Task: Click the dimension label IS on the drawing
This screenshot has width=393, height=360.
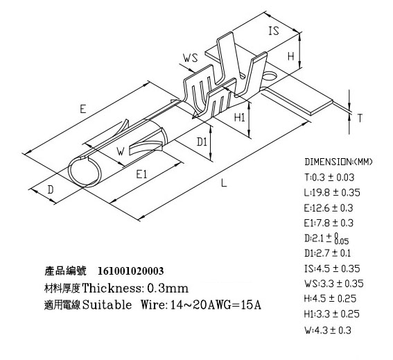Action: point(274,31)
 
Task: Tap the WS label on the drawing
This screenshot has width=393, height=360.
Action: point(190,58)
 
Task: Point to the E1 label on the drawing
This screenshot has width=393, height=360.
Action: point(141,174)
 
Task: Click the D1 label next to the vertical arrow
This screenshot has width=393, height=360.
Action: point(202,142)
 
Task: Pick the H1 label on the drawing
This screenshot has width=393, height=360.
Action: point(240,117)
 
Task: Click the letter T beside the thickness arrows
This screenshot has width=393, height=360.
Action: point(360,118)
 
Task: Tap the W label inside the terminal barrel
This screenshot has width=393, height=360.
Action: point(121,151)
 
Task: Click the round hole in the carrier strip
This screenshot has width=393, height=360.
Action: point(269,76)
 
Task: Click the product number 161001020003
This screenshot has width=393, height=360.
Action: point(130,271)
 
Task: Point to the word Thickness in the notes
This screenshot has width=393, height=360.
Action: point(112,288)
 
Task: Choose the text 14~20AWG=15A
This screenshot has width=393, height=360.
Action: point(216,305)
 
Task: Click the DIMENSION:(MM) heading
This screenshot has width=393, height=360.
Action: point(339,162)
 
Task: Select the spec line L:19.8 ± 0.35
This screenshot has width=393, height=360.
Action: point(332,193)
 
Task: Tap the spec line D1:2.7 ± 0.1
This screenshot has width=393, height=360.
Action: point(328,253)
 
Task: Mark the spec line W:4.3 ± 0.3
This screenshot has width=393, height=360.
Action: point(328,330)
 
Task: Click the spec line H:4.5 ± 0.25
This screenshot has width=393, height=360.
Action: point(330,298)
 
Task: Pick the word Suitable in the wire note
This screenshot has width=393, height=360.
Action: point(107,305)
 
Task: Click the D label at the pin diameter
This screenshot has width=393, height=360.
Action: point(51,189)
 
